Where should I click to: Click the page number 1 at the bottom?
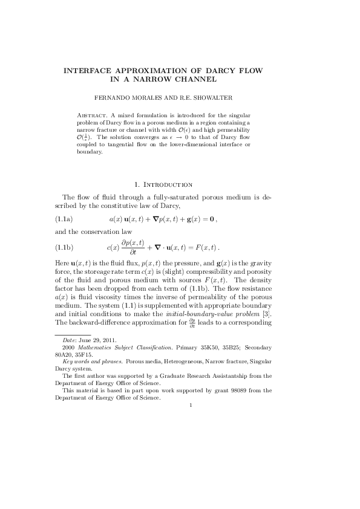[x=190, y=404]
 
